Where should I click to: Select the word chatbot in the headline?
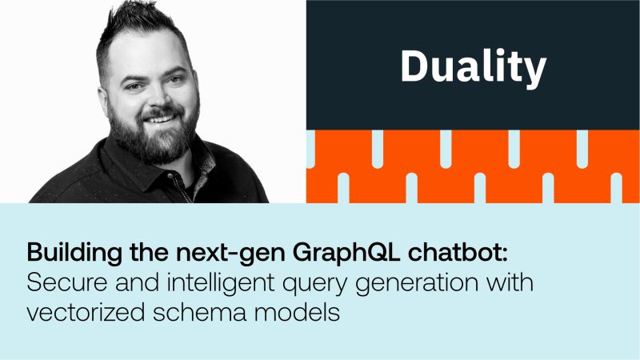coord(458,252)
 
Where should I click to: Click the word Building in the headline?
coord(74,253)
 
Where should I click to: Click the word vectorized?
coord(86,313)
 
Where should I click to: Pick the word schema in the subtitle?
coord(199,313)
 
